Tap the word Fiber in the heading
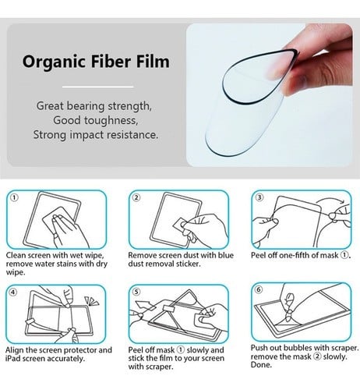(x=111, y=62)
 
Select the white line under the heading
(x=98, y=87)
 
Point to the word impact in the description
(x=86, y=135)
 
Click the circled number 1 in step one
(x=14, y=198)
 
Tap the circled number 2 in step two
(x=136, y=197)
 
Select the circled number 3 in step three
(x=259, y=197)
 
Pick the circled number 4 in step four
(x=13, y=292)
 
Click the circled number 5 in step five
(x=136, y=292)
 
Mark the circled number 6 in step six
(x=259, y=289)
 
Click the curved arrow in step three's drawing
(x=330, y=200)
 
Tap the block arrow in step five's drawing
(x=144, y=306)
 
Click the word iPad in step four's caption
(x=13, y=359)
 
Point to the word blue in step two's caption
(x=225, y=255)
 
